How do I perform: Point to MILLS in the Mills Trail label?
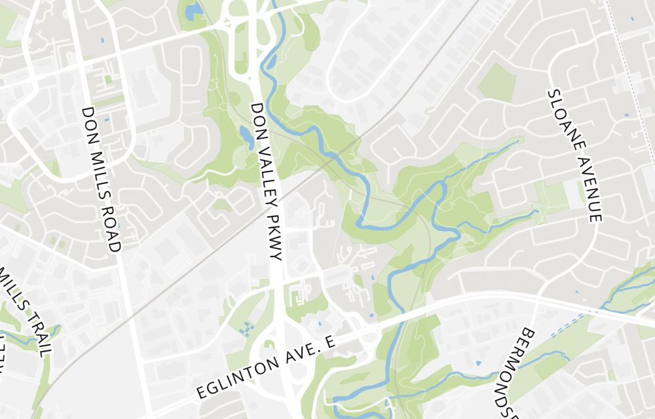pyautogui.click(x=13, y=288)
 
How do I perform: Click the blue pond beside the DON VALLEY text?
pyautogui.click(x=246, y=136)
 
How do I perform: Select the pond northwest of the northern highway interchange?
pyautogui.click(x=193, y=11)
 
